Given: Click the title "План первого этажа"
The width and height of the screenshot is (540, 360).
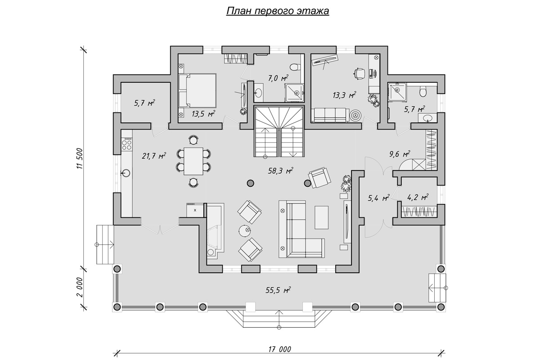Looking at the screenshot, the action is [x=278, y=11].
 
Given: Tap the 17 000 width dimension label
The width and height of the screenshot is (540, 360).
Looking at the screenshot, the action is [x=279, y=349].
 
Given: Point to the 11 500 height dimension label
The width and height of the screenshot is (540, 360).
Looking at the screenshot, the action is [x=80, y=158].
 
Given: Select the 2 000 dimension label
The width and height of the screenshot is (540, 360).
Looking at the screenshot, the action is [x=80, y=288].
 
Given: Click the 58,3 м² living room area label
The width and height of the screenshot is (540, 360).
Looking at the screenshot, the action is [x=281, y=171].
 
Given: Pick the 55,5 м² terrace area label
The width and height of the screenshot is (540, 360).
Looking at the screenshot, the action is [x=278, y=290].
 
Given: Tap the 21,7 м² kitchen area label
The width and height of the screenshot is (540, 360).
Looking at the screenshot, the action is [x=154, y=156].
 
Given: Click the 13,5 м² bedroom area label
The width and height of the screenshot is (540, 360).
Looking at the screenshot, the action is [x=203, y=113].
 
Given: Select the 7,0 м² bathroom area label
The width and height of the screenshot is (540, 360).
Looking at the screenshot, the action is [x=278, y=78].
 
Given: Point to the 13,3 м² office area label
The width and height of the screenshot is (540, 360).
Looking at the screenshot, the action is [x=344, y=95].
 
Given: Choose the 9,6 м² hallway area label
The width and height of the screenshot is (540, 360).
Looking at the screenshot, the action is [x=400, y=154].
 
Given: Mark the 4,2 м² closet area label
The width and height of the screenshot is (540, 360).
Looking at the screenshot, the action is [x=418, y=197].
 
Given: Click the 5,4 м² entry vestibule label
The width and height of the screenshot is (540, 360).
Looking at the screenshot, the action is [x=379, y=198].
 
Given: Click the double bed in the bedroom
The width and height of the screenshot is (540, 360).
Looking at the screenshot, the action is [x=197, y=90].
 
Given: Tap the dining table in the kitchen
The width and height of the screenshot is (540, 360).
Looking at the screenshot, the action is [x=193, y=161].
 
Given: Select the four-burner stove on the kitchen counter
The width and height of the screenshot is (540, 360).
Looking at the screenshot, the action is [x=126, y=144].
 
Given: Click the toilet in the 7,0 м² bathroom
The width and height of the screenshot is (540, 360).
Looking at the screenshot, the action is [x=295, y=67].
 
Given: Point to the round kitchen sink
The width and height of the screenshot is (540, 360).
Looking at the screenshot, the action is [x=126, y=173].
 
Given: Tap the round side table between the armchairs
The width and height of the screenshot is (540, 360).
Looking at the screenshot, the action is [x=245, y=231].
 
